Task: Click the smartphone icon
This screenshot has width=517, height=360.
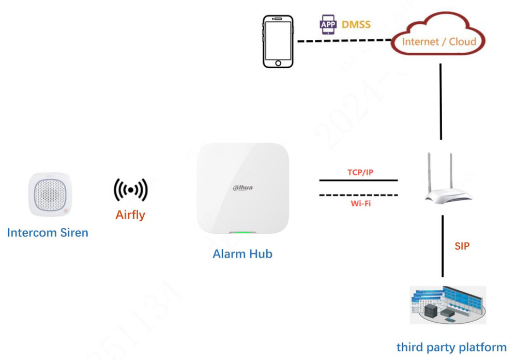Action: tap(278, 41)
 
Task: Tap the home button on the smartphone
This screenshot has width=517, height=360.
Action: tap(278, 63)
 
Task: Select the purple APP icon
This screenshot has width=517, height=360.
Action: tap(328, 24)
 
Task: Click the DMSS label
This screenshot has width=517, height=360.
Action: tap(356, 24)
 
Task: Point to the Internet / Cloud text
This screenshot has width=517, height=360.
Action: tap(439, 42)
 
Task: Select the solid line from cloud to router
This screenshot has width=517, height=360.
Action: tap(440, 101)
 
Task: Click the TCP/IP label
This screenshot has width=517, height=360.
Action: tap(359, 172)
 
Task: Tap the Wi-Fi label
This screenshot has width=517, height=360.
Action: tap(360, 203)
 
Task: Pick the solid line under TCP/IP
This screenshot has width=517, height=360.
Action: tap(359, 181)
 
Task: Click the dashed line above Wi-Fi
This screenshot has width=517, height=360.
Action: tap(359, 195)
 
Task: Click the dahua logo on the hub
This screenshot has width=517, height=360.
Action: tap(242, 187)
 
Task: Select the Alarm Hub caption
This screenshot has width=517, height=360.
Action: tap(242, 254)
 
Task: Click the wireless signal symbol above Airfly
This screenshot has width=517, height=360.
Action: tap(130, 190)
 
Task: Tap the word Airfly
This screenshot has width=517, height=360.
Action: tap(130, 215)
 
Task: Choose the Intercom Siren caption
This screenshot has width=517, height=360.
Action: tap(48, 233)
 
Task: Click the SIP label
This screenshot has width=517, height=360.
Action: tap(462, 246)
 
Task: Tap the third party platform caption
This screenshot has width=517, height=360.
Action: tap(451, 347)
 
